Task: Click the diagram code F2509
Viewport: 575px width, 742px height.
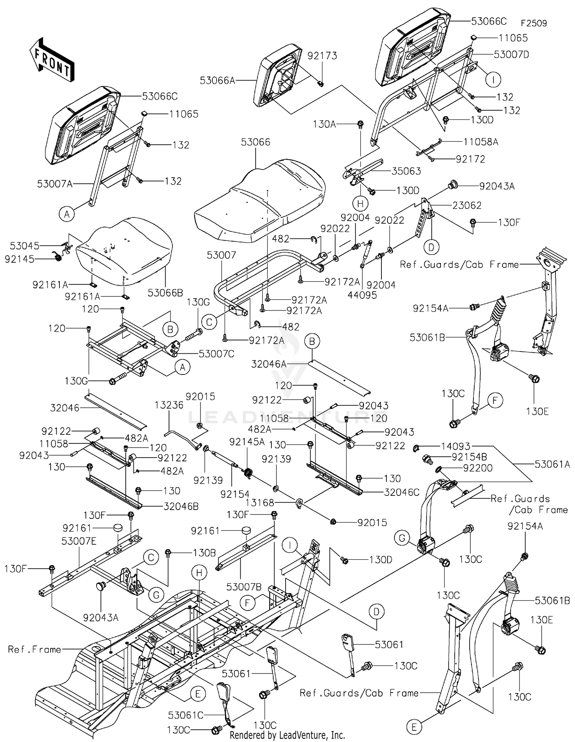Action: coord(534,23)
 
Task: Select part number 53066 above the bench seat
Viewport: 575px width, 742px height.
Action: coord(255,142)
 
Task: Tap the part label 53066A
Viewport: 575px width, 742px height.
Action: coord(217,80)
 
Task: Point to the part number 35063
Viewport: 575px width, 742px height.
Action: coord(406,171)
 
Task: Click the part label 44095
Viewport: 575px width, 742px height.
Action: coord(362,295)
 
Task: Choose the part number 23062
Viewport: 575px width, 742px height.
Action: coord(467,205)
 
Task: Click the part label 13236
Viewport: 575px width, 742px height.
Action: coord(169,405)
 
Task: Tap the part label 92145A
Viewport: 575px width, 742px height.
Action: coord(247,442)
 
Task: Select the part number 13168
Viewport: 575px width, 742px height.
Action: coord(260,502)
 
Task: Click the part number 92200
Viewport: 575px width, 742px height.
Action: coord(478,468)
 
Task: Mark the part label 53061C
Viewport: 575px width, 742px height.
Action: coord(186,715)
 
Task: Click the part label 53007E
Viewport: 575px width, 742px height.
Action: coord(79,541)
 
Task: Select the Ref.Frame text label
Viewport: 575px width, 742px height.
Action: coord(34,649)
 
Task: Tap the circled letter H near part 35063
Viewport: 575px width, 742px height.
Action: coord(360,204)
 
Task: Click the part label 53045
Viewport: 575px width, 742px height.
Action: coord(25,245)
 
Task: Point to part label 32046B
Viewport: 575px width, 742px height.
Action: coord(181,507)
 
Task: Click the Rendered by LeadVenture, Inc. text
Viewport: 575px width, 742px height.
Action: coord(287,735)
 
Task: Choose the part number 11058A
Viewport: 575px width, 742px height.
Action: coord(481,142)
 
